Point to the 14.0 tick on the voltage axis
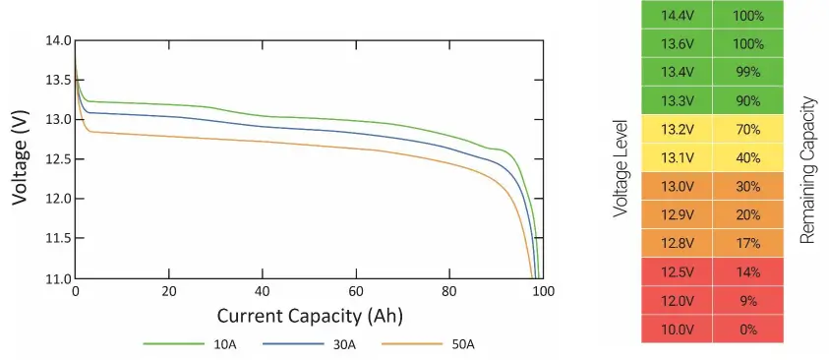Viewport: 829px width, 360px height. click(57, 40)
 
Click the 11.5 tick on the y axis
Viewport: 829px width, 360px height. click(57, 239)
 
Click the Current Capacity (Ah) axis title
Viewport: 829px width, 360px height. click(310, 316)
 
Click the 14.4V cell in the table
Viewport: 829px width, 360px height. click(676, 16)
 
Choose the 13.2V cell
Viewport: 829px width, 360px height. click(676, 130)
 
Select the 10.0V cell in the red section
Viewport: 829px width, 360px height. click(676, 330)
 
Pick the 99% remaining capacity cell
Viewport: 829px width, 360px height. click(748, 73)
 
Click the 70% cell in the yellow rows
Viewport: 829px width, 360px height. click(748, 130)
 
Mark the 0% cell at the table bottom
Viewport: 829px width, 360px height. click(748, 330)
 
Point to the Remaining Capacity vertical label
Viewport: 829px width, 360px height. click(808, 170)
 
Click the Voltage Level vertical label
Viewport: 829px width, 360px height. click(620, 170)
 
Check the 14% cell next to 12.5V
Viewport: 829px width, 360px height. click(748, 272)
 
